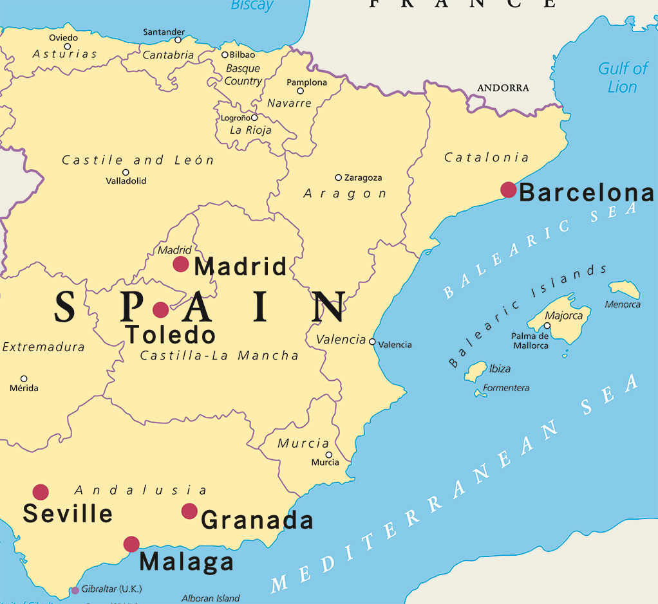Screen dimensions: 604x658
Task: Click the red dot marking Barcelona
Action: coord(508,190)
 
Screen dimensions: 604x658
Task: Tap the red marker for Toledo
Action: coord(160,310)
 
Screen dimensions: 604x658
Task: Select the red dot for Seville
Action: coord(41,492)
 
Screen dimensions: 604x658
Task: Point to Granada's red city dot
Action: coord(189,511)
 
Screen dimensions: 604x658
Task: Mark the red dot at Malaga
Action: coord(131,544)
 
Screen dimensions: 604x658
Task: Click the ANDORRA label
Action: coord(503,88)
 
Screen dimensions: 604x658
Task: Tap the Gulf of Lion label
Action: coord(623,77)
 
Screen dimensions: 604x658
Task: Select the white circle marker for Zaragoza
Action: coord(338,178)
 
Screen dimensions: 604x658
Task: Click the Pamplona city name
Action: coord(306,82)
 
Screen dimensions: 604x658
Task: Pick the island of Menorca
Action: coord(625,289)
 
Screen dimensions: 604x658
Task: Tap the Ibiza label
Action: coord(500,369)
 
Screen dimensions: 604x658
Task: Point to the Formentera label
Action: coord(506,388)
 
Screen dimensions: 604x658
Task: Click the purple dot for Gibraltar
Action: coord(75,590)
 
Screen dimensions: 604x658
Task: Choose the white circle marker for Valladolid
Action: coord(126,172)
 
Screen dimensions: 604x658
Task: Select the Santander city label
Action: coord(164,32)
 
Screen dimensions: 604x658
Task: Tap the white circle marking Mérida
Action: coord(24,379)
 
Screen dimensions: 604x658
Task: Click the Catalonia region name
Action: coord(486,158)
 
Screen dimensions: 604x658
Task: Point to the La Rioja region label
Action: coord(250,130)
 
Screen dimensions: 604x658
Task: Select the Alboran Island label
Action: coord(211,598)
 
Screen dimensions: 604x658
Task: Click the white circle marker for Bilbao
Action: coord(225,55)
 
